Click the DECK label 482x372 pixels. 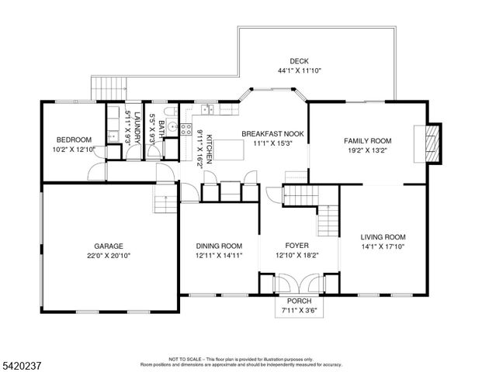pos(300,61)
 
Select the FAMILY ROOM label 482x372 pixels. pos(368,141)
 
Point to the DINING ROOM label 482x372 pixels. pos(213,246)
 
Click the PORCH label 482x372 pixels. pos(299,301)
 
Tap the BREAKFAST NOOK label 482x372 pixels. pos(272,134)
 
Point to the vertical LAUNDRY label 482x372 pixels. pos(137,127)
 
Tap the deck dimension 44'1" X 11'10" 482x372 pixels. pos(300,71)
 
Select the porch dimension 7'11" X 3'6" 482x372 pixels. pos(299,311)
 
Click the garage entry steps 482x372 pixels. pos(164,203)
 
